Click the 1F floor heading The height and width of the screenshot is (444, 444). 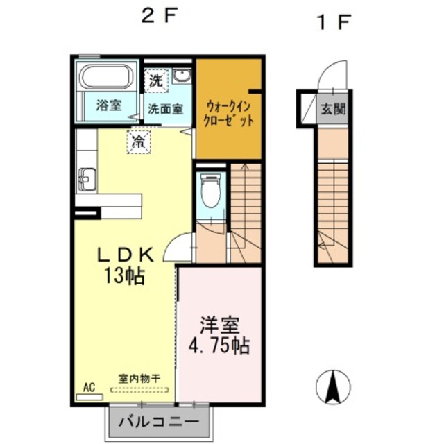(332, 22)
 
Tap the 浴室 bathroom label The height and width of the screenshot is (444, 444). (108, 106)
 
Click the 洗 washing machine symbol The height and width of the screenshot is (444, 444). (157, 80)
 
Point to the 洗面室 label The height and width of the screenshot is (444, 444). (165, 108)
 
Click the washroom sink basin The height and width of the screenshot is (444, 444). (182, 76)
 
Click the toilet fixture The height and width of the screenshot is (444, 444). (210, 190)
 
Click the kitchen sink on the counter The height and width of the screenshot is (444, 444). (86, 178)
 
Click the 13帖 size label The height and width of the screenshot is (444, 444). (125, 276)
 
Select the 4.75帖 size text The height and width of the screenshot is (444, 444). (219, 345)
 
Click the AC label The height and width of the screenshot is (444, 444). (89, 387)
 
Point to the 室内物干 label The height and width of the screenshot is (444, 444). (139, 379)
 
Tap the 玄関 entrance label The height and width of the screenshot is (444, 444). (332, 109)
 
